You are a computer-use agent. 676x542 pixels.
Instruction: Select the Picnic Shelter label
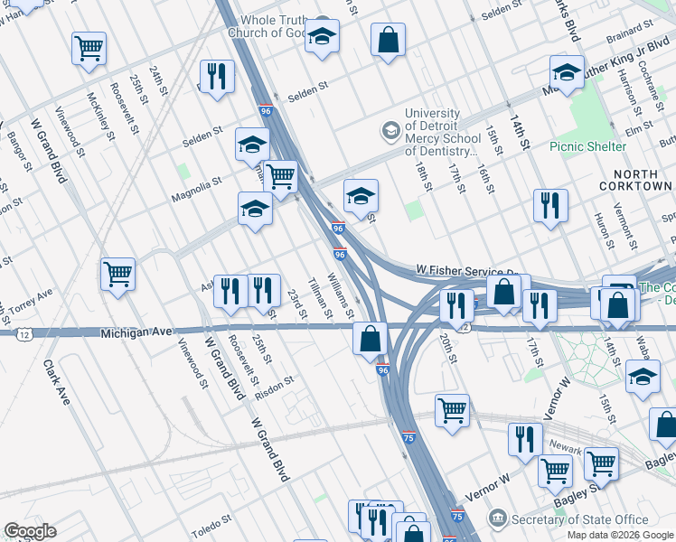pyautogui.click(x=587, y=146)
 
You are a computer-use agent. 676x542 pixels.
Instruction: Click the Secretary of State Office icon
pyautogui.click(x=497, y=519)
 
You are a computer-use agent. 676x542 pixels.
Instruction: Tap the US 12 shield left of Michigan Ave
pyautogui.click(x=22, y=334)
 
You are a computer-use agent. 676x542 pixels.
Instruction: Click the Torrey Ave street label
pyautogui.click(x=33, y=297)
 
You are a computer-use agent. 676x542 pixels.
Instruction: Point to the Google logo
pyautogui.click(x=30, y=531)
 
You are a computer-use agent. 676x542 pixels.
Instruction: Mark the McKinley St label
pyautogui.click(x=97, y=114)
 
